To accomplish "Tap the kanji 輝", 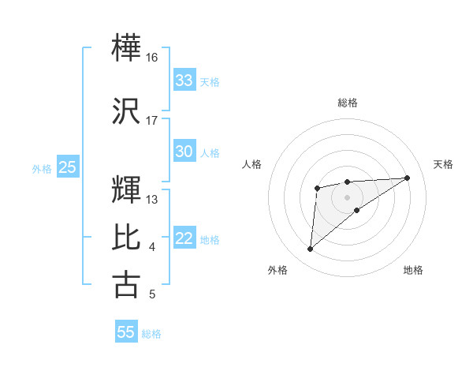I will (x=127, y=189).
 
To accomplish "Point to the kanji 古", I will (x=127, y=284).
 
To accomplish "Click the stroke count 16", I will (x=152, y=58).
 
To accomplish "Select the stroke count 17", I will (x=152, y=121).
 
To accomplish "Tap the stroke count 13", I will (x=152, y=200).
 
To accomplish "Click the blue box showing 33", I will (x=184, y=81).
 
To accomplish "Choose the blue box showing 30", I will (x=184, y=152).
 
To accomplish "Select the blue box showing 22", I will (x=184, y=239).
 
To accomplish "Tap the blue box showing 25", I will (x=67, y=167).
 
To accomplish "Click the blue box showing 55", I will (x=126, y=332).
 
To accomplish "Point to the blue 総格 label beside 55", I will (x=151, y=334).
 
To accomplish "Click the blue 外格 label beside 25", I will (x=42, y=168).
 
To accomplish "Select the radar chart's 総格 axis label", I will (x=348, y=103).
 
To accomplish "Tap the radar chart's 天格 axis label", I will (x=444, y=164).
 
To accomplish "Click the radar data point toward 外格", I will (x=310, y=249).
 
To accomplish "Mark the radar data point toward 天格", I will (x=408, y=178).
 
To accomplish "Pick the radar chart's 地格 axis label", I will (x=413, y=270).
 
